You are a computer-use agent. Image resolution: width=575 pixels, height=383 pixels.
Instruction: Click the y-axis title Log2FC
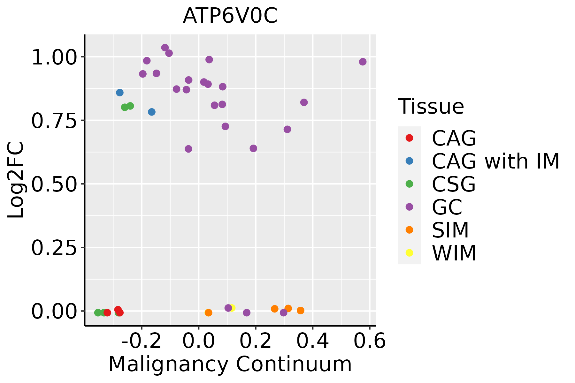[16, 180]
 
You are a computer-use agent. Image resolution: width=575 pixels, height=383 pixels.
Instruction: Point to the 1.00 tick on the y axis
[54, 57]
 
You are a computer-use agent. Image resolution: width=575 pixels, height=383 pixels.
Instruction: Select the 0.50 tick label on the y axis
[54, 184]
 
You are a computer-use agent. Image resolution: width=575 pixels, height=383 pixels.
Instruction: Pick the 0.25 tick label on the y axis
[54, 248]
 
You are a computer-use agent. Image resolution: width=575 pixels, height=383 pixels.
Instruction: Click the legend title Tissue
[431, 107]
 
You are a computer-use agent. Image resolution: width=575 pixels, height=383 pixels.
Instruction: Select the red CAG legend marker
[409, 138]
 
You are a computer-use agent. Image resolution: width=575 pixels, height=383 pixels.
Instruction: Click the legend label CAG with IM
[495, 161]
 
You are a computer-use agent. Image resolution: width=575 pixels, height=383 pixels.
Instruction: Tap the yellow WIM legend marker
[409, 253]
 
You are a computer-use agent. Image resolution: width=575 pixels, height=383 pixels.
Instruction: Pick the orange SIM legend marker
[409, 230]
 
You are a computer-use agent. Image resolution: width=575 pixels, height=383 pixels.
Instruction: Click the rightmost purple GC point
[363, 62]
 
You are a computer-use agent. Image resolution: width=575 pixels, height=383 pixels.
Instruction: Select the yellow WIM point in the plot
[232, 308]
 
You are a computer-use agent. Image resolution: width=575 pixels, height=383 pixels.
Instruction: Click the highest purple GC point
[165, 48]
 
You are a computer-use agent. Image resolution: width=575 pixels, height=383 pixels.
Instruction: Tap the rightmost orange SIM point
[301, 311]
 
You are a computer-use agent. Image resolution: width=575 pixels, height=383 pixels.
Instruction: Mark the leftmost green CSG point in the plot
[98, 312]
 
